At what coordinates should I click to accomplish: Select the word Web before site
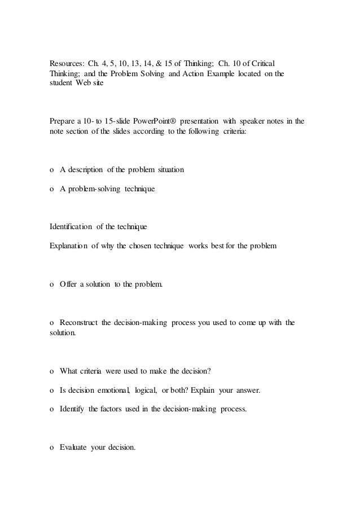pos(87,83)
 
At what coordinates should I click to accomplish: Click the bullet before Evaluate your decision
pos(52,449)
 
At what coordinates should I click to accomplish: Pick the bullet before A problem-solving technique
pos(52,190)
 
